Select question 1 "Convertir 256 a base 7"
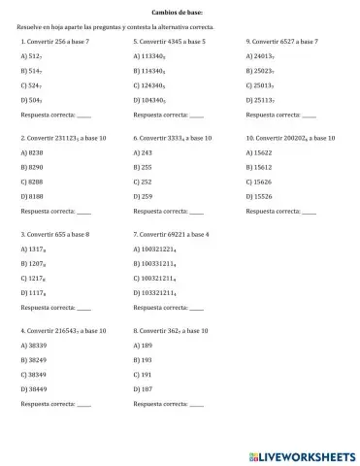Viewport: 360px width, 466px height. [x=60, y=43]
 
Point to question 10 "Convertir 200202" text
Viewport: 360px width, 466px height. [x=291, y=139]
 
